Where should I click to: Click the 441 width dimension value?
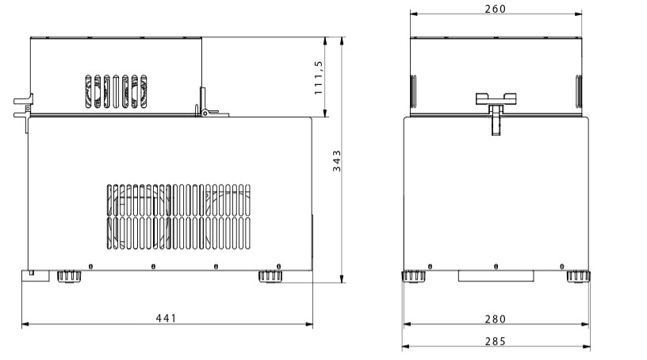(x=166, y=318)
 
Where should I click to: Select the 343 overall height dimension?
(x=337, y=161)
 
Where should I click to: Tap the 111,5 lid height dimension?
(x=318, y=78)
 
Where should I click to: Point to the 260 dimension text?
(x=495, y=9)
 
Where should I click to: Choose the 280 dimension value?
(x=495, y=319)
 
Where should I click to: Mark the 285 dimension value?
(x=495, y=341)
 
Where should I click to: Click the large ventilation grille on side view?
(x=178, y=216)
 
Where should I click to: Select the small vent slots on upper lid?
(x=116, y=91)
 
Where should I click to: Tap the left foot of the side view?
(x=69, y=276)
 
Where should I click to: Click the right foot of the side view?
(x=270, y=276)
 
